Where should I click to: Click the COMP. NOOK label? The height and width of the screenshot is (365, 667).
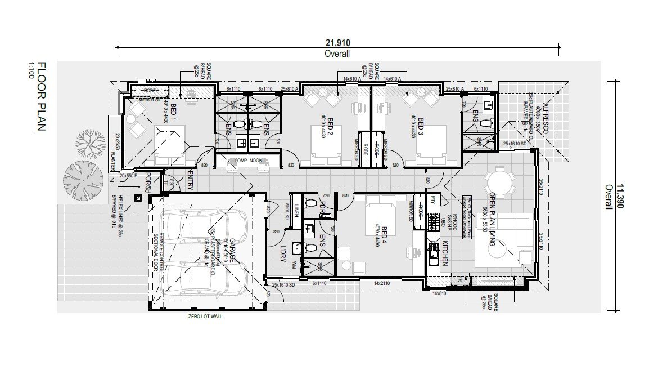point(245,161)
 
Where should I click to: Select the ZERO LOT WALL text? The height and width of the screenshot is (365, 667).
point(206,317)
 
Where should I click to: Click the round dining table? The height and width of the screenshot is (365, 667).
point(500,182)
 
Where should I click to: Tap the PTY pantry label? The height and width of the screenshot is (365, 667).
point(433,200)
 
